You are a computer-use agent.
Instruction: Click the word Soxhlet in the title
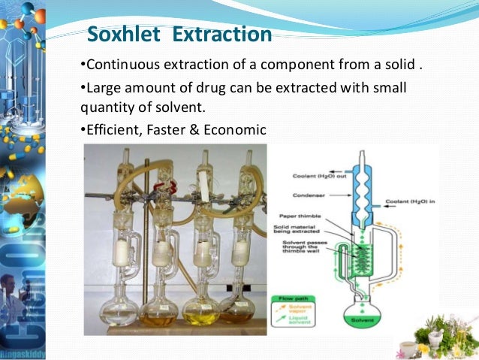tap(122, 35)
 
